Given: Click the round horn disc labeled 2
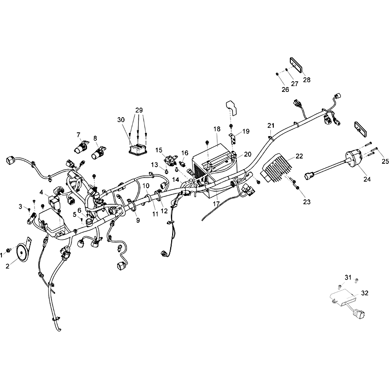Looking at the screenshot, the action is click(x=22, y=253).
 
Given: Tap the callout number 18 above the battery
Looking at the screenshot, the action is click(x=217, y=129).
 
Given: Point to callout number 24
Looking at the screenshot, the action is click(x=367, y=179).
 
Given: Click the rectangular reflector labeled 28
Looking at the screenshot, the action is click(x=297, y=65).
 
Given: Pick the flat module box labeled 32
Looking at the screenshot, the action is click(x=343, y=297).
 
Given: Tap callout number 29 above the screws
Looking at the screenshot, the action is click(x=139, y=110).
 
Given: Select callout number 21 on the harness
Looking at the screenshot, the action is click(x=271, y=125).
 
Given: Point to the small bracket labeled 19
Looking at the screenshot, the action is click(x=232, y=139).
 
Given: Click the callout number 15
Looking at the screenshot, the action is click(x=159, y=150).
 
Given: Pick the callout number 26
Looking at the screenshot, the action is click(x=285, y=89).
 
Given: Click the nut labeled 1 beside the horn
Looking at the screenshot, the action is click(x=8, y=249).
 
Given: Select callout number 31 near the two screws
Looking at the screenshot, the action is click(x=348, y=277).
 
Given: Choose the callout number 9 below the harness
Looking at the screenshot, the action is click(x=138, y=220).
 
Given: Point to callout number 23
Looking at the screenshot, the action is click(x=307, y=202).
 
